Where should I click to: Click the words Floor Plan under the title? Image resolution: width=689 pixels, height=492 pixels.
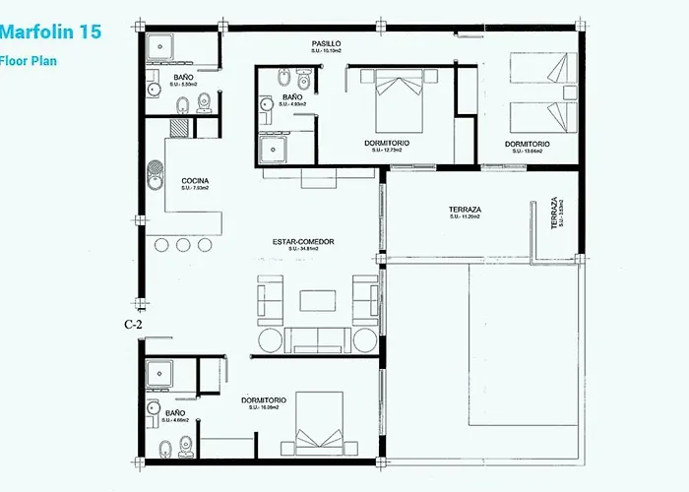(29, 59)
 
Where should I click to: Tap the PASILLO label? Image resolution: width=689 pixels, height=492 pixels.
(327, 44)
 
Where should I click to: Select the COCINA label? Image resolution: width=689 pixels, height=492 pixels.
(194, 181)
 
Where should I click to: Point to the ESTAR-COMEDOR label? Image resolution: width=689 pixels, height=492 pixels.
(305, 241)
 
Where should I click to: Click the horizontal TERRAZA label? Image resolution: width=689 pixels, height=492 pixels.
(465, 210)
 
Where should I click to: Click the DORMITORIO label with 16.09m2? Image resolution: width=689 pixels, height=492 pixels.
(264, 400)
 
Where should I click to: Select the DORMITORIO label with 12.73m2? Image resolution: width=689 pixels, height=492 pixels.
(387, 145)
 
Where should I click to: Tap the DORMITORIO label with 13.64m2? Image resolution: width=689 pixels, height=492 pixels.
(528, 145)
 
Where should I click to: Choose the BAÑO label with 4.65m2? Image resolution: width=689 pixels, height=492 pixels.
(175, 413)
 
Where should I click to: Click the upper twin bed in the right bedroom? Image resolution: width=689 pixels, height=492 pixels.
(540, 72)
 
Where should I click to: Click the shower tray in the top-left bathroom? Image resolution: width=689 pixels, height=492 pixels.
(161, 47)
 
